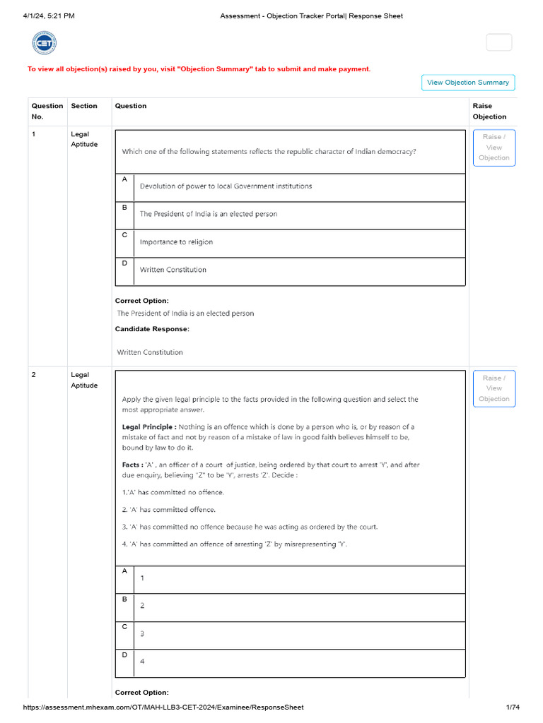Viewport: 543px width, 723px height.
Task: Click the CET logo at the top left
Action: point(44,43)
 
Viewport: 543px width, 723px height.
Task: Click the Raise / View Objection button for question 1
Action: point(494,148)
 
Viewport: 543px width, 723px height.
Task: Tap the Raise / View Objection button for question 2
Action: point(494,388)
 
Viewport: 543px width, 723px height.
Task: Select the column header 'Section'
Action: point(84,106)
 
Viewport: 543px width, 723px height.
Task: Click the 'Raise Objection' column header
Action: point(489,111)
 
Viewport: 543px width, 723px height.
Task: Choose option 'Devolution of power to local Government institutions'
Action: point(226,186)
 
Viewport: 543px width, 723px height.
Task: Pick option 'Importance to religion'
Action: point(176,242)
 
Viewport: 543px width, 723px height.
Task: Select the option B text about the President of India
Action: point(209,214)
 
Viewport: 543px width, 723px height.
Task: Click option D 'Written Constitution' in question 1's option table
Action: point(173,270)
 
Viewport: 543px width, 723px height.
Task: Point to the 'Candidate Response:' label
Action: point(152,329)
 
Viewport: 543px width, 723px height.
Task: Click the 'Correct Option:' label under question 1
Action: point(141,301)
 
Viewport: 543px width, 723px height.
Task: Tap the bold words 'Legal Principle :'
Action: point(149,426)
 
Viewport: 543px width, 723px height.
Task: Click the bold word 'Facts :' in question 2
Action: point(131,465)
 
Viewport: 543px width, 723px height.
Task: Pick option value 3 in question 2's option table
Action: point(142,633)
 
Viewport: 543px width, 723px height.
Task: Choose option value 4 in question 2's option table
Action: point(142,662)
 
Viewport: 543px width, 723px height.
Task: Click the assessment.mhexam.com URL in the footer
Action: point(163,707)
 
